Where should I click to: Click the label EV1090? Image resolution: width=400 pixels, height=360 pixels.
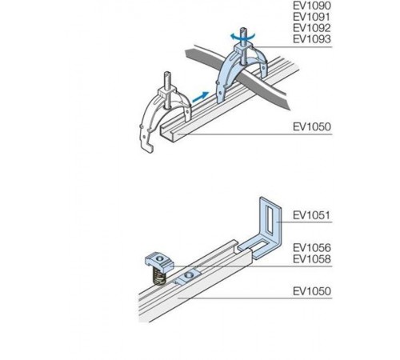coord(312,6)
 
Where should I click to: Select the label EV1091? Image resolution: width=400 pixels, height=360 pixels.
coord(312,17)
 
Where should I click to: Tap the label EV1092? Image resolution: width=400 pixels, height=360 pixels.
coord(312,28)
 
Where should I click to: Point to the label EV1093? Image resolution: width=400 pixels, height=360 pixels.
coord(312,39)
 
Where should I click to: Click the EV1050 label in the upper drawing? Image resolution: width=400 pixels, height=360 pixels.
coord(312,126)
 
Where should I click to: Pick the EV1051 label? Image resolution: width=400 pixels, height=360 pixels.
coord(312,215)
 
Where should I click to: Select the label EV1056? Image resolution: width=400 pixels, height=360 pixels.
coord(312,248)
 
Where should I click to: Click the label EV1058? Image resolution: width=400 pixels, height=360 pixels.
coord(312,259)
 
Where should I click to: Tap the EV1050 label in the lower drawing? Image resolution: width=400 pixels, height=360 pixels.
coord(312,291)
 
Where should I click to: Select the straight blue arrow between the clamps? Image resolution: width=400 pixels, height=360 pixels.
coord(200,96)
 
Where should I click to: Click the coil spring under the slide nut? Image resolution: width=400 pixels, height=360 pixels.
coord(159,277)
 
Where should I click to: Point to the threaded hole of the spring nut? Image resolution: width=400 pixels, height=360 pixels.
coord(160,258)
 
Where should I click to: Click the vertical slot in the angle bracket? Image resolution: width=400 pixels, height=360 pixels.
coord(270,218)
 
